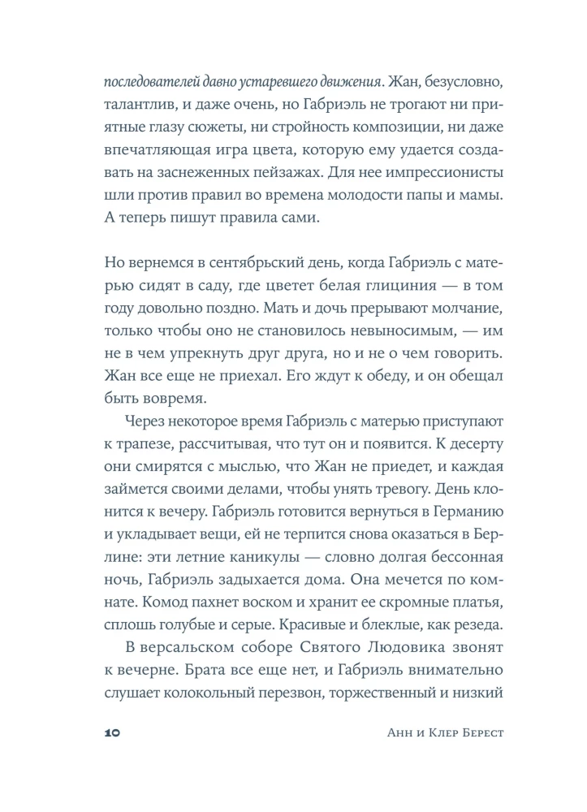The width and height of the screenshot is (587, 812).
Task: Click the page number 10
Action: click(112, 732)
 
